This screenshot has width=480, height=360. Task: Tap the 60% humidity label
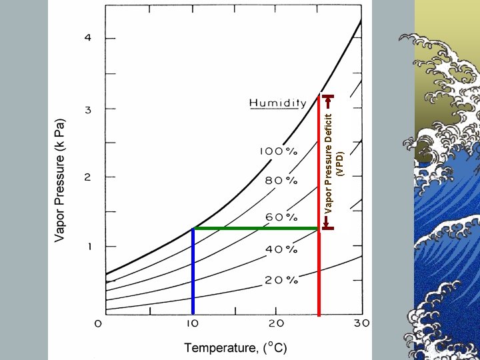(281, 217)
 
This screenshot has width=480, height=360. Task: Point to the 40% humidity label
(281, 249)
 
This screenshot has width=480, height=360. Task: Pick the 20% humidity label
(281, 280)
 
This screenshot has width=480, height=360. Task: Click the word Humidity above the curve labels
(277, 103)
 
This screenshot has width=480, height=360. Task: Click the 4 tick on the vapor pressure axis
(87, 37)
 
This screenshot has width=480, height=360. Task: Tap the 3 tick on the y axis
(87, 108)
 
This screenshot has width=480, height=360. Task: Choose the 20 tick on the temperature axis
(276, 323)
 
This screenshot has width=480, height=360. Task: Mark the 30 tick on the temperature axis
(361, 323)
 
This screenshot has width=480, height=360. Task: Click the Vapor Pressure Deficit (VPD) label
(335, 163)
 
